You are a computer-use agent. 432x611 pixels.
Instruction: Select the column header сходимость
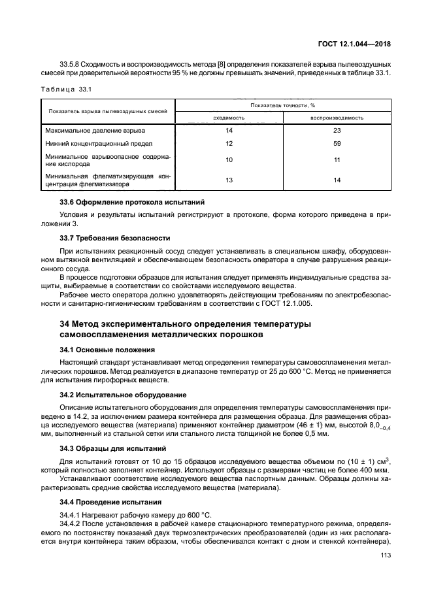229,118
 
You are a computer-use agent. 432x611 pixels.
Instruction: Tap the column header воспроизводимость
337,118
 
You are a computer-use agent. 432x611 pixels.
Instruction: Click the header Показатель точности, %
283,105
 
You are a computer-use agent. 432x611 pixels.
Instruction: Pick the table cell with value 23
337,131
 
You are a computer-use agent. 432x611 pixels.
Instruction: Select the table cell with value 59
337,144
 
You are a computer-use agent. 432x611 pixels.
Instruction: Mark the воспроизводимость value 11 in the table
337,160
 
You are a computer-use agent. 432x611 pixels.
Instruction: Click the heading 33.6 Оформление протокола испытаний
132,202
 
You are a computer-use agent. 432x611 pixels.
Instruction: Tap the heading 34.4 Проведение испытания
110,502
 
